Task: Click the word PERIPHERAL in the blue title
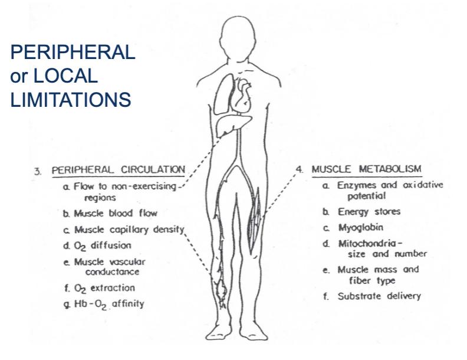73,53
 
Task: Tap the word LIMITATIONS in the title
70,99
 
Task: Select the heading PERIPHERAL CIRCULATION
118,170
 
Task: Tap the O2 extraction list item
104,288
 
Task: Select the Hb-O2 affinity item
109,304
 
